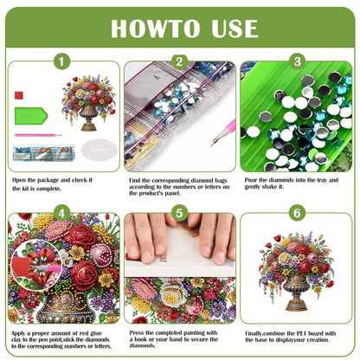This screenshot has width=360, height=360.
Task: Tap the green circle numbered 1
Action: [61, 61]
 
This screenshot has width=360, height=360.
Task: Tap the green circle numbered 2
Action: [179, 61]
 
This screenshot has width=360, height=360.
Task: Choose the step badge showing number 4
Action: [61, 212]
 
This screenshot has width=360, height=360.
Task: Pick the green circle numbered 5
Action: [179, 212]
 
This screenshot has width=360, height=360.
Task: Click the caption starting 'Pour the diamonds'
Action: [295, 184]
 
